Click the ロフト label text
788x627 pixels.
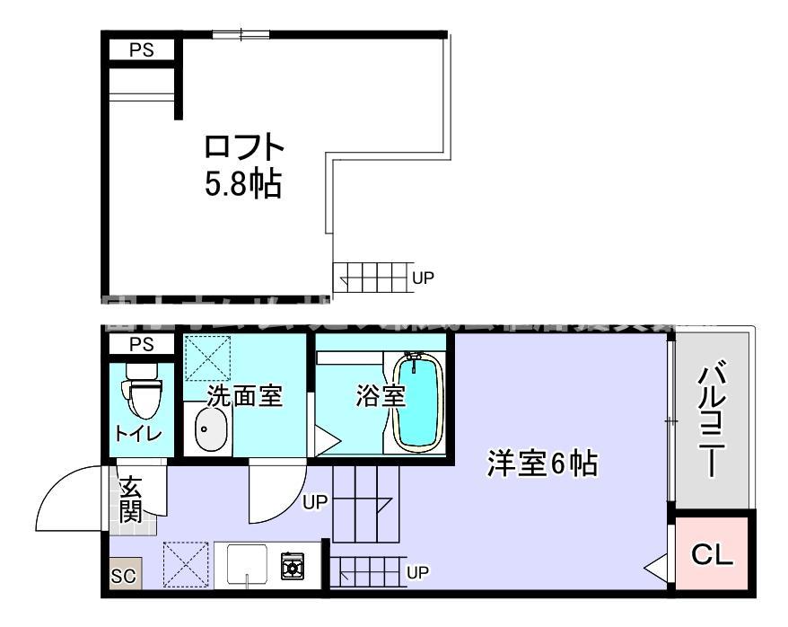click(244, 146)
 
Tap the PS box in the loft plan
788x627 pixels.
click(142, 50)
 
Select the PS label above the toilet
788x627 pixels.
click(142, 344)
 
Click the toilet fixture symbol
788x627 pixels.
click(141, 392)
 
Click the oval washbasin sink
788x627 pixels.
click(212, 431)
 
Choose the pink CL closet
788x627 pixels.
click(713, 554)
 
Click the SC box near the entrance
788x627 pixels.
click(124, 576)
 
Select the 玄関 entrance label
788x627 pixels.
click(131, 503)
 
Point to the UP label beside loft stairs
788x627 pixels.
click(423, 278)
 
